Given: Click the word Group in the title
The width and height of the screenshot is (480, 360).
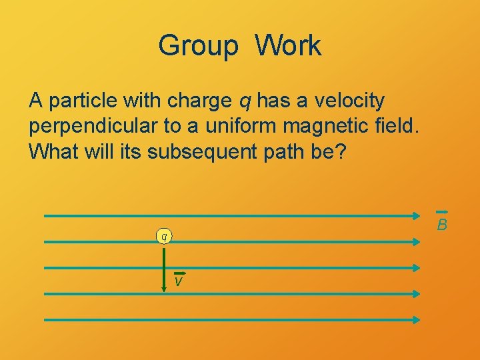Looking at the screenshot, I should [x=198, y=46].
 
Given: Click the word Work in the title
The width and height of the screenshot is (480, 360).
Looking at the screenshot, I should [x=288, y=46].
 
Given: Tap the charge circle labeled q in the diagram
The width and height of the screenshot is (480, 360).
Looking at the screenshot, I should [x=163, y=236].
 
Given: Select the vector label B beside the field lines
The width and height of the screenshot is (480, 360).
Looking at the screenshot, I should [x=441, y=225].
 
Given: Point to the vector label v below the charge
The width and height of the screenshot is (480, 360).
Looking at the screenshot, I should [x=178, y=281].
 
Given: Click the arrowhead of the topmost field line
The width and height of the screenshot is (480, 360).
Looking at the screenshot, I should [x=416, y=216].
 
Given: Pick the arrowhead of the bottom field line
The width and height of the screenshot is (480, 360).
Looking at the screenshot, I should [x=416, y=320].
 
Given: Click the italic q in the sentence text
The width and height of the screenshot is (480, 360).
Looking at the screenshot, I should [x=245, y=101].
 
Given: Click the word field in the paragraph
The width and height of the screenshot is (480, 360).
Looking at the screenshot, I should [x=395, y=126].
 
